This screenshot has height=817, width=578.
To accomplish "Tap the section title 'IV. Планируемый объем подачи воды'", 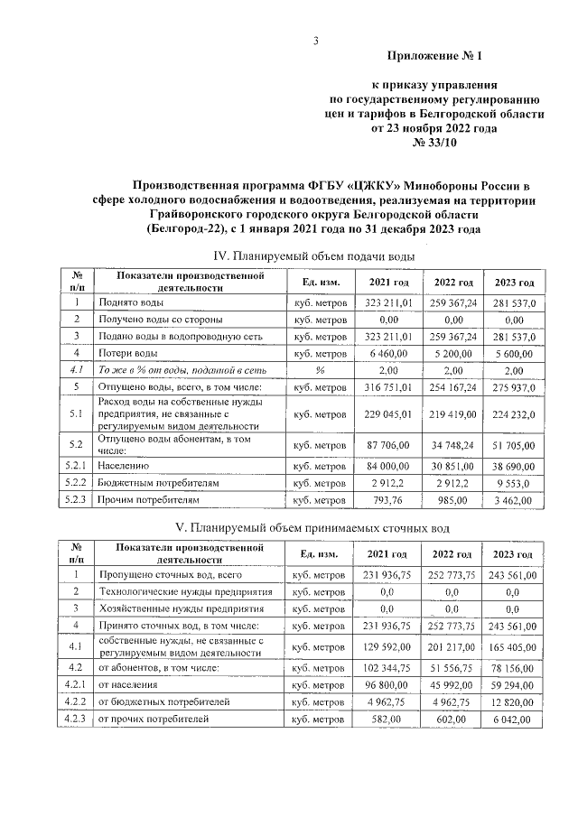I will (x=312, y=256).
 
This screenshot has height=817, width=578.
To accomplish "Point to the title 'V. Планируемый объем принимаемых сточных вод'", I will (x=312, y=526).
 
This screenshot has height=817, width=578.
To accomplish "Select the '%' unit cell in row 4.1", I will (x=319, y=369).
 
